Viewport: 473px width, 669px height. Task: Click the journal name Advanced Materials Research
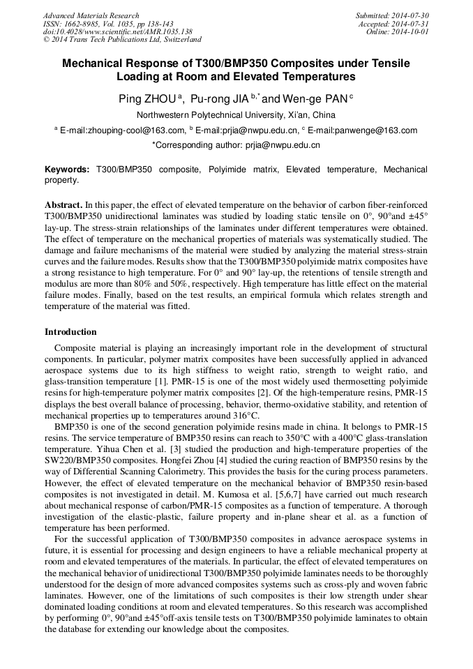tap(91, 15)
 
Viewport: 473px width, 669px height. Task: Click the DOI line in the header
tap(118, 32)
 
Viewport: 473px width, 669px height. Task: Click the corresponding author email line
tap(236, 145)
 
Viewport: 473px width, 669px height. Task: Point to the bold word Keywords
tap(67, 170)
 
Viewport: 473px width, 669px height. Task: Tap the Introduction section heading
tap(70, 331)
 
